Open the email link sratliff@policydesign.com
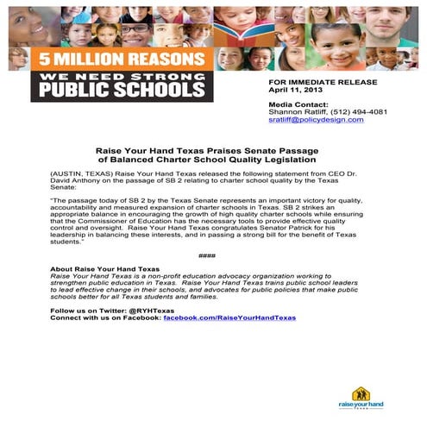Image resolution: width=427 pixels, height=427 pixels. [x=316, y=120]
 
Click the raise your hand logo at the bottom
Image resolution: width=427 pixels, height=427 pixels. [x=361, y=398]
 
